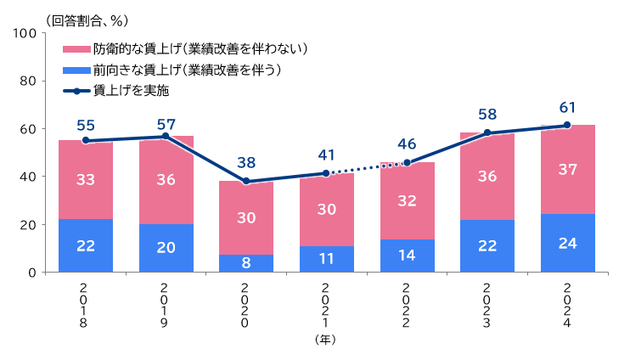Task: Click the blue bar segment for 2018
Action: [x=86, y=245]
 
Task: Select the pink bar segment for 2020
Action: [x=246, y=217]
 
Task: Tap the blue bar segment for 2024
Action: [x=568, y=243]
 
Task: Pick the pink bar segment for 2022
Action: [x=407, y=201]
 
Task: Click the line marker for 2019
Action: [x=166, y=136]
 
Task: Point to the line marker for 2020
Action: [x=246, y=181]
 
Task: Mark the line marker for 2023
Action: [x=487, y=132]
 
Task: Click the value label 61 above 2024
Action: [x=568, y=108]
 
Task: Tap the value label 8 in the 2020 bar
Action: [x=246, y=262]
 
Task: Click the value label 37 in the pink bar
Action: [x=568, y=169]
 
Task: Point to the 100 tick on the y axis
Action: [x=24, y=33]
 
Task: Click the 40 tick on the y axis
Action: [x=27, y=177]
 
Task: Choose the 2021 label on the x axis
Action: [x=326, y=306]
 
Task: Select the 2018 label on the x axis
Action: [x=86, y=306]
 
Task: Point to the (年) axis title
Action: [x=326, y=340]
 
